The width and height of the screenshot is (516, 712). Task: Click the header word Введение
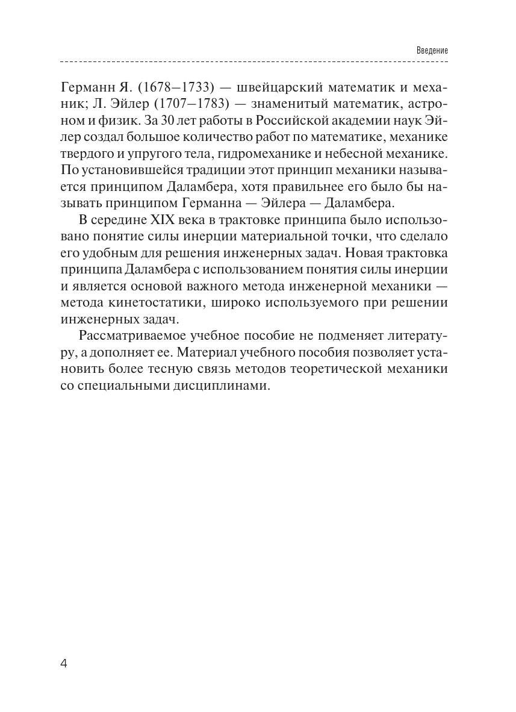pos(432,50)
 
